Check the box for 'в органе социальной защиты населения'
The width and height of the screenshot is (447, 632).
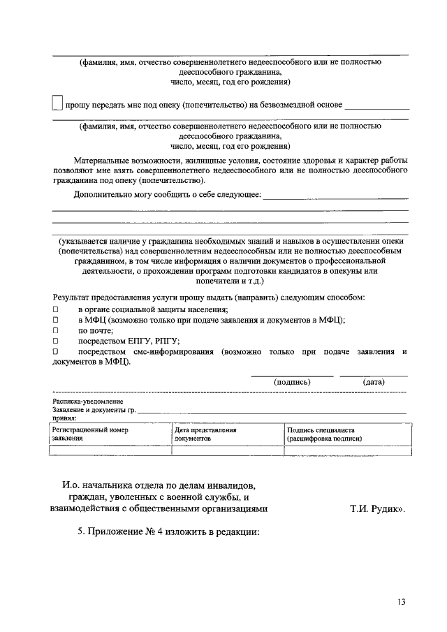(x=56, y=309)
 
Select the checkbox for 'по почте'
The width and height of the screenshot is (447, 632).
(x=56, y=330)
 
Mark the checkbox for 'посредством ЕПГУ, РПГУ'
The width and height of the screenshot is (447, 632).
(x=56, y=341)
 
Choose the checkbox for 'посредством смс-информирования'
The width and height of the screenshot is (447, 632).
(x=56, y=351)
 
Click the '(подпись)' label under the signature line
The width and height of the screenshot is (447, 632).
(x=292, y=382)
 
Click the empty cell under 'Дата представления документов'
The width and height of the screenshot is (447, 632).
(x=227, y=451)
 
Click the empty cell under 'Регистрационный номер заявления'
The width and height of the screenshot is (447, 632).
(x=110, y=451)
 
